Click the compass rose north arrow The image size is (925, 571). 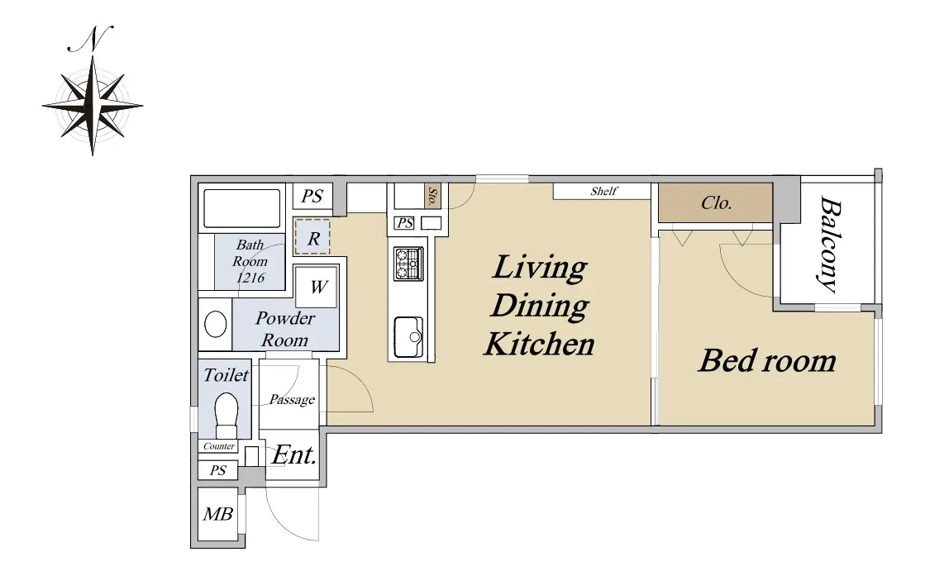(x=93, y=106)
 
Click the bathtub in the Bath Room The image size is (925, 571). (x=242, y=208)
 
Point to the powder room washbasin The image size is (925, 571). (x=215, y=325)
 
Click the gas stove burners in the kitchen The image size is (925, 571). (x=408, y=264)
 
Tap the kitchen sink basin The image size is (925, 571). (x=408, y=337)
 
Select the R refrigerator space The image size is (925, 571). (x=312, y=236)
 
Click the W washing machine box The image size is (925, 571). (x=317, y=287)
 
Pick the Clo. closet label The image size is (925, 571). (x=716, y=203)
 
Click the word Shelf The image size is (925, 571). (x=604, y=191)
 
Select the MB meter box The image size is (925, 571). (x=217, y=514)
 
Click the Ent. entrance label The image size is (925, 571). (x=294, y=455)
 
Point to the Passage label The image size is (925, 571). (x=292, y=400)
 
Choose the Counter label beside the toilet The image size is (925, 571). (x=219, y=446)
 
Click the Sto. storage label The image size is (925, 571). (x=432, y=197)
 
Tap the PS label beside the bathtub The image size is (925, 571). (x=312, y=196)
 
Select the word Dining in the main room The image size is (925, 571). (x=540, y=306)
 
